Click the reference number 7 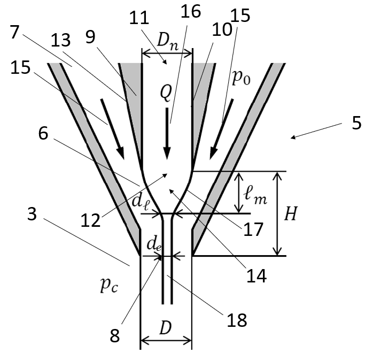click(14, 32)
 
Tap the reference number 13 click(60, 40)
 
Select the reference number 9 click(90, 37)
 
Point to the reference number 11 click(139, 18)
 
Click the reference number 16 click(191, 11)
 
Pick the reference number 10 click(222, 29)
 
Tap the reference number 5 click(356, 123)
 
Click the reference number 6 click(43, 133)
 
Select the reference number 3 click(32, 213)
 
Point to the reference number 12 click(90, 220)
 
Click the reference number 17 click(253, 229)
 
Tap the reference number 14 click(257, 275)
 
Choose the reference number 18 click(237, 320)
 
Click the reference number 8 click(115, 336)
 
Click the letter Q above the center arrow click(166, 93)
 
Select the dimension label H click(291, 213)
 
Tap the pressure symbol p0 click(241, 78)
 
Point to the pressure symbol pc click(109, 285)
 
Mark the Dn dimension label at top click(168, 42)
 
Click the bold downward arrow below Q click(167, 134)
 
